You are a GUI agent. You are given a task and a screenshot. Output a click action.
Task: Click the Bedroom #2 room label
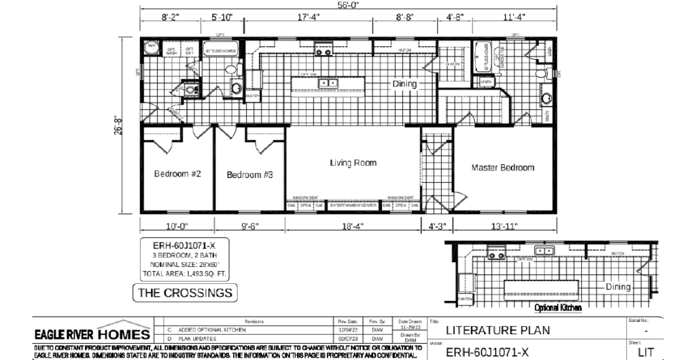click(x=177, y=174)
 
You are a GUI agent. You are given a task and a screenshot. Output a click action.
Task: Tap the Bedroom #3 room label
click(x=249, y=175)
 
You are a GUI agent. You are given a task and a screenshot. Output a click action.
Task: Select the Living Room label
click(x=353, y=163)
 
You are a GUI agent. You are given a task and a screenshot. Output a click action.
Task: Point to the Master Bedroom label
click(x=503, y=168)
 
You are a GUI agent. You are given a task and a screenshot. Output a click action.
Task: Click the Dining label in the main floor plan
click(x=404, y=84)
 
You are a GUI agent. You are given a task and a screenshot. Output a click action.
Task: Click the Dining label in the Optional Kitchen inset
click(x=619, y=287)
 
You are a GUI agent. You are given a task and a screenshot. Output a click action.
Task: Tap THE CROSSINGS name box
click(x=185, y=293)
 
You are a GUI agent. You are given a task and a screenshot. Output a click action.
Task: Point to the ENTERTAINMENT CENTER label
click(x=353, y=204)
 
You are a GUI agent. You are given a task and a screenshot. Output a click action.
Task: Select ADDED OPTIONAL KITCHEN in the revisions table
click(x=207, y=329)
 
